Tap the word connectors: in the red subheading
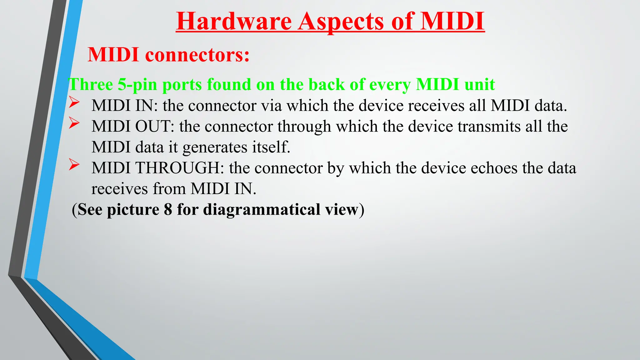coord(197,55)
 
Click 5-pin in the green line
coord(137,84)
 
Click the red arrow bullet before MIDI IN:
coord(74,102)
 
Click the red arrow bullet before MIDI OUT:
coord(74,123)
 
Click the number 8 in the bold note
coord(168,209)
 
